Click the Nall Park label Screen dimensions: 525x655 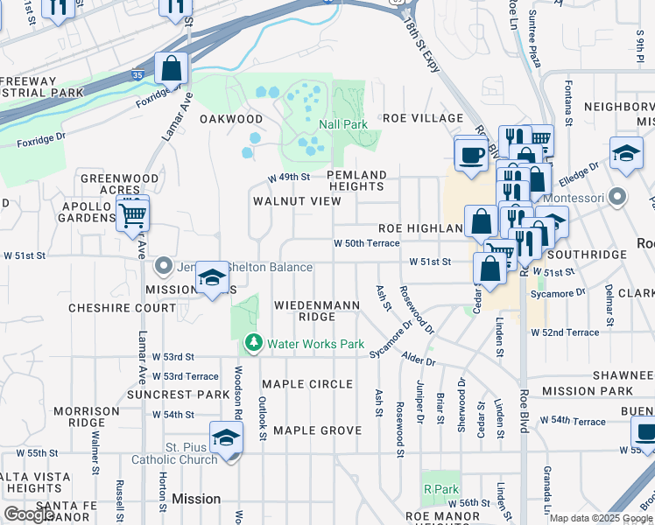[343, 124]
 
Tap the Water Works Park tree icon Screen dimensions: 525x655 [254, 343]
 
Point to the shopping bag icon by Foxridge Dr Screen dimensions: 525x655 [172, 67]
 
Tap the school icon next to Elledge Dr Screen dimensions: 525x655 [626, 153]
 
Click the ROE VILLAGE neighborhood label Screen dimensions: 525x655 [422, 117]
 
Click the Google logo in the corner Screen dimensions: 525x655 [30, 514]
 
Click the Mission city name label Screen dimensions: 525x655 [196, 499]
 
